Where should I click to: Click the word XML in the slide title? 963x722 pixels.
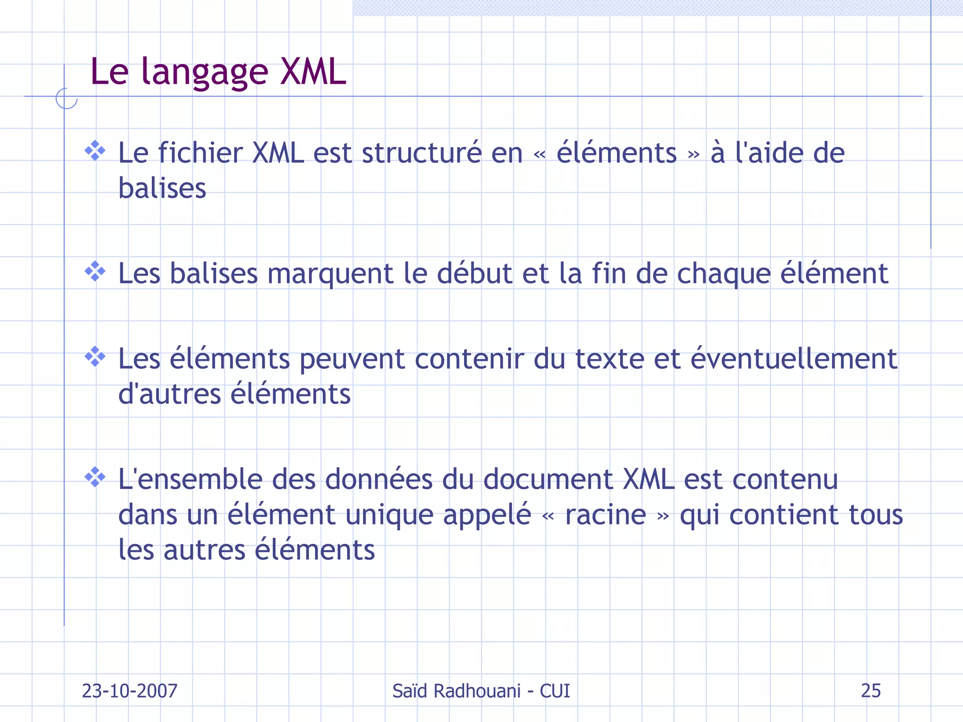[x=313, y=72]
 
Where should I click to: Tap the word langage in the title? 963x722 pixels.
[x=205, y=73]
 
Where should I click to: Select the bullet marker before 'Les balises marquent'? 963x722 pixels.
[x=95, y=272]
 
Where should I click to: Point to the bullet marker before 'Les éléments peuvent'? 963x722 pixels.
[x=95, y=357]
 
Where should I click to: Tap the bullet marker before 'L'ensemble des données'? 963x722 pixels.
[x=95, y=477]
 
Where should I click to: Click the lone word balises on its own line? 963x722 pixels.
[x=162, y=188]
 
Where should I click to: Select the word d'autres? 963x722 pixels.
[x=169, y=394]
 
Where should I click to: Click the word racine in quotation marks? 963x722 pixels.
[x=606, y=515]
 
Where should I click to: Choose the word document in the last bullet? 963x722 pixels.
[x=548, y=479]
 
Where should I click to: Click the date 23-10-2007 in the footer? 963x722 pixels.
[x=130, y=691]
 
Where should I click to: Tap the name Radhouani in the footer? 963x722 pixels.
[x=477, y=691]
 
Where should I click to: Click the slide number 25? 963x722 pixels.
[x=870, y=691]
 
